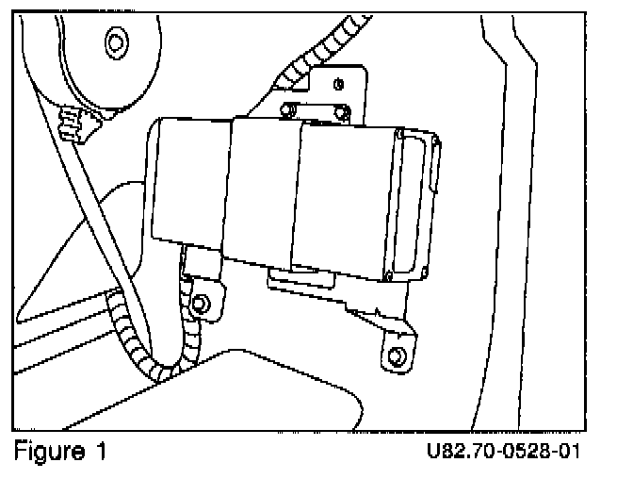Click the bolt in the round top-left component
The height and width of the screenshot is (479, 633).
[116, 41]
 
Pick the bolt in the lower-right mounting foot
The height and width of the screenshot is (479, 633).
[396, 356]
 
